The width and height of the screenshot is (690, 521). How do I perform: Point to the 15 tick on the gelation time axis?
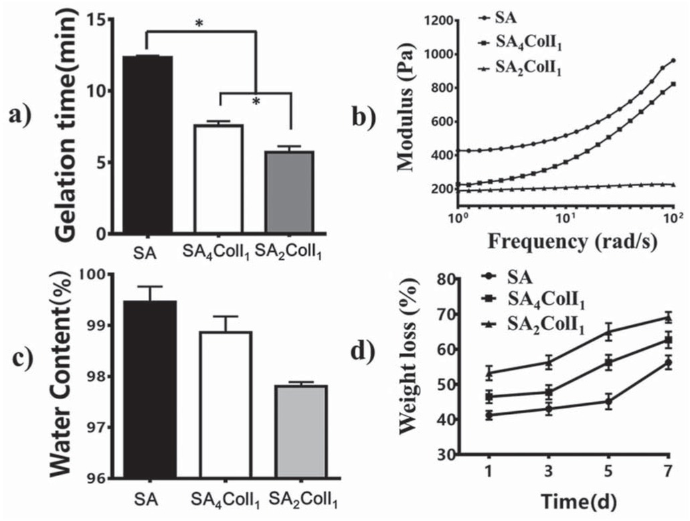[x=109, y=20]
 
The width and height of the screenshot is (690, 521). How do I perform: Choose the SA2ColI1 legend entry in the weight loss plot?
[x=535, y=327]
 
